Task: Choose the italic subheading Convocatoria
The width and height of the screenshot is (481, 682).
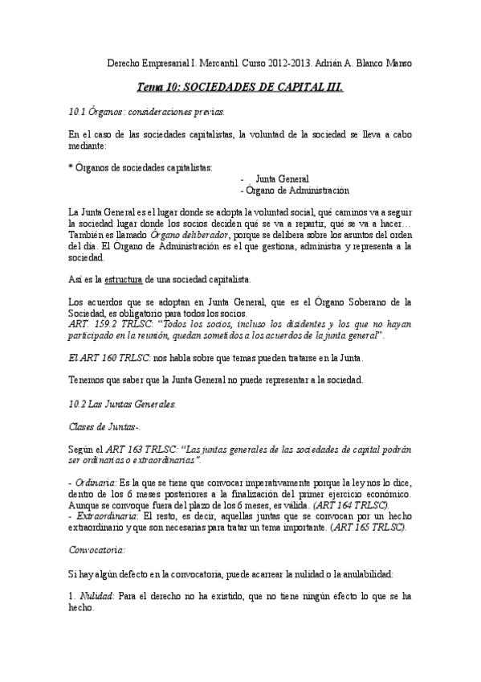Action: (x=98, y=549)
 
